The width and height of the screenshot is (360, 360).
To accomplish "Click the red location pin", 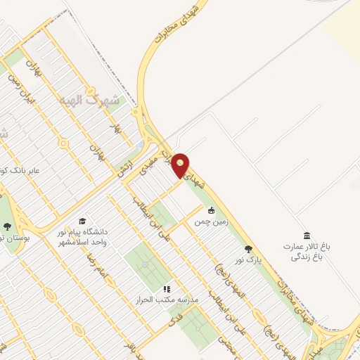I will click(x=181, y=165).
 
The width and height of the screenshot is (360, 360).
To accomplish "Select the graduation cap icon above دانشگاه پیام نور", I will click(x=82, y=222).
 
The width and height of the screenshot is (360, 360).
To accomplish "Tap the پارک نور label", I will click(x=247, y=259).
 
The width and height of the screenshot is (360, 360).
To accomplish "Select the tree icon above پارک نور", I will click(x=247, y=249).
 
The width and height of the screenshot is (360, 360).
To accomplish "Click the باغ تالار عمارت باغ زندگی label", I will click(x=307, y=252).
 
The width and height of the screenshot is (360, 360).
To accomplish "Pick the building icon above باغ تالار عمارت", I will click(x=306, y=235).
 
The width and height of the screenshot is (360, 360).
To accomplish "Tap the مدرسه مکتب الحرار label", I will click(x=168, y=300).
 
